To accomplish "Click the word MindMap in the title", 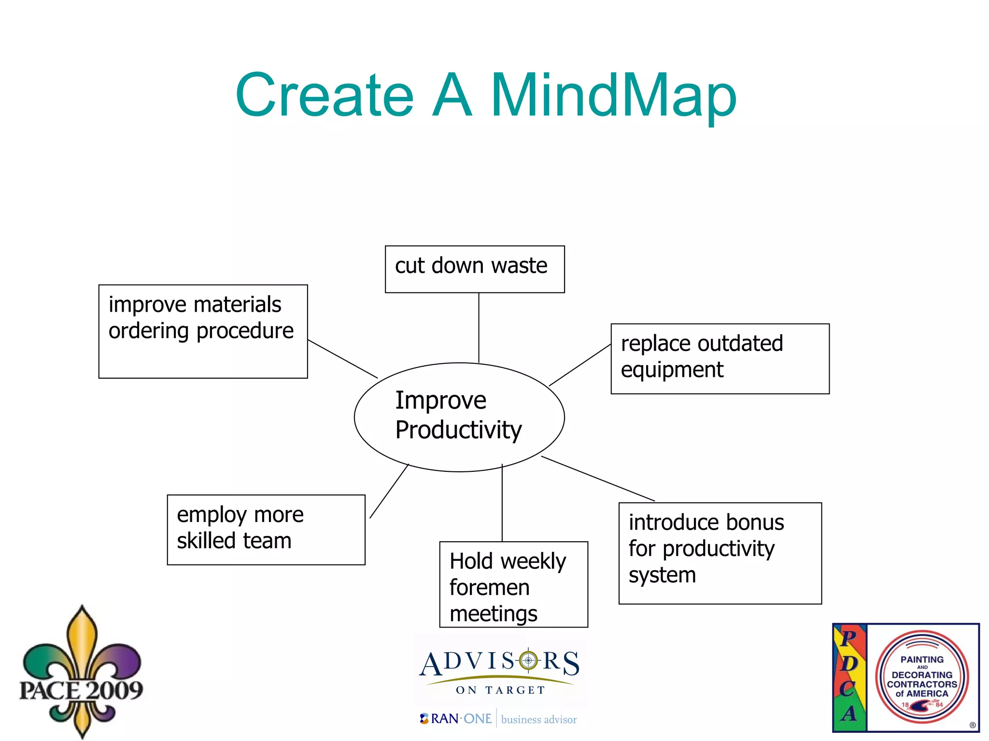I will pos(613,95).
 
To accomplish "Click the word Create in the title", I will pos(325,95).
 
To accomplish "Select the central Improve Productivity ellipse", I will pos(459,417).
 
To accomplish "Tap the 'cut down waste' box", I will pos(475,269).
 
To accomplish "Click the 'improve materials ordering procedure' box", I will pos(203,331).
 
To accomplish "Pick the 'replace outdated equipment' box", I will pos(720,358).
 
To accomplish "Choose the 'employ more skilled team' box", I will pos(266,529).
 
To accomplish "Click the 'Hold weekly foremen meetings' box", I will pos(513,584).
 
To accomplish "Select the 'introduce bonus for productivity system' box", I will pos(720,553).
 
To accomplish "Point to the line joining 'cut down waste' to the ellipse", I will pos(479,328).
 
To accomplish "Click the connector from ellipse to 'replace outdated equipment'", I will pos(580,365).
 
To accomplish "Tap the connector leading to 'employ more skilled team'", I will pos(389,491).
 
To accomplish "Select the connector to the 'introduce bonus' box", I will pos(598,479).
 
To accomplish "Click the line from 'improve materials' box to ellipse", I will pos(342,359).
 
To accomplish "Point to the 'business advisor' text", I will pos(539,719).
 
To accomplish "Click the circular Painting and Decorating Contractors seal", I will pos(922,676).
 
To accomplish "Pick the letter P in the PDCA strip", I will pos(848,638).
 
